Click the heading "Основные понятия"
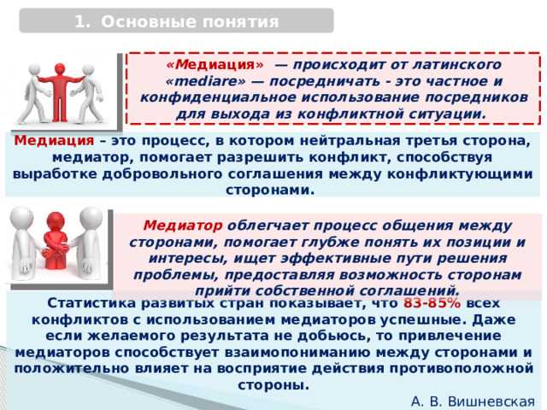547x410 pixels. [190, 21]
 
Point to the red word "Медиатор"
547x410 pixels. [184, 225]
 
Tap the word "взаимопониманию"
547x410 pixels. [283, 352]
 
